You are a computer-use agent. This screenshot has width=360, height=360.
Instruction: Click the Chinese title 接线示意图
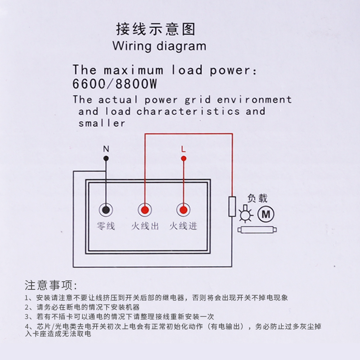coord(156,29)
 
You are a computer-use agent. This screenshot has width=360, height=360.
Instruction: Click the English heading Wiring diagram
coord(159,46)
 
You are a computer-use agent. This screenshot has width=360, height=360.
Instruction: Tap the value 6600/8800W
coord(115,84)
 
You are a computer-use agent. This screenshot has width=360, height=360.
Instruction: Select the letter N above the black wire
coord(106,148)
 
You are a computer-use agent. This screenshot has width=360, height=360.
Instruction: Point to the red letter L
coord(183,148)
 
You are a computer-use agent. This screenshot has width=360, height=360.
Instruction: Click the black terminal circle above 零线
coord(106,210)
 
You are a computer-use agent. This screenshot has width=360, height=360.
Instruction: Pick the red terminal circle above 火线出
coord(145,210)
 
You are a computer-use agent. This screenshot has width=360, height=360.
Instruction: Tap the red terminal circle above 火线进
coord(183,210)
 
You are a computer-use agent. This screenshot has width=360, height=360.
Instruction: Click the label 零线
coord(106,226)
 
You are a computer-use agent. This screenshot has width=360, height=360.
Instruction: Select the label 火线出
coord(145,226)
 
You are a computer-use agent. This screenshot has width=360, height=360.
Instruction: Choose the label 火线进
coord(183,226)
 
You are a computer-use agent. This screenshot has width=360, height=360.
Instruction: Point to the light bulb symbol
coord(245,216)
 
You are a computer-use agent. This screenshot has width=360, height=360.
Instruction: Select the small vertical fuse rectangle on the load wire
coord(232,207)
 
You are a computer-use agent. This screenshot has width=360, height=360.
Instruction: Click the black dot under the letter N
coord(106,158)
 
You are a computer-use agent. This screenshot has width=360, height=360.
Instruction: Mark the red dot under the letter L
coord(183,158)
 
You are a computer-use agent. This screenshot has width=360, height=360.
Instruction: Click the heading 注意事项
coord(51,285)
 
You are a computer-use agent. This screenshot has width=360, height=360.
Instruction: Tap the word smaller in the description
coord(102,123)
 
